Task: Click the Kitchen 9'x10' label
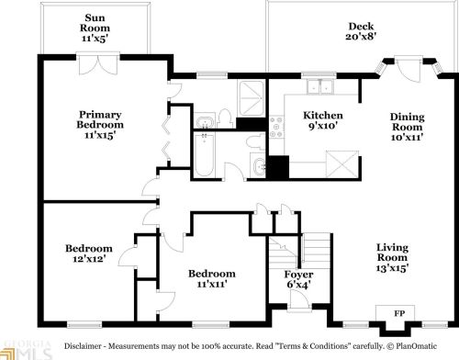(x=322, y=121)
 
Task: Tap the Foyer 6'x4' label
(x=299, y=280)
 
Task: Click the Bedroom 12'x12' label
(x=88, y=254)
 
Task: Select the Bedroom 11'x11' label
(x=211, y=280)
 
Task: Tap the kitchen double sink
(x=319, y=87)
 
